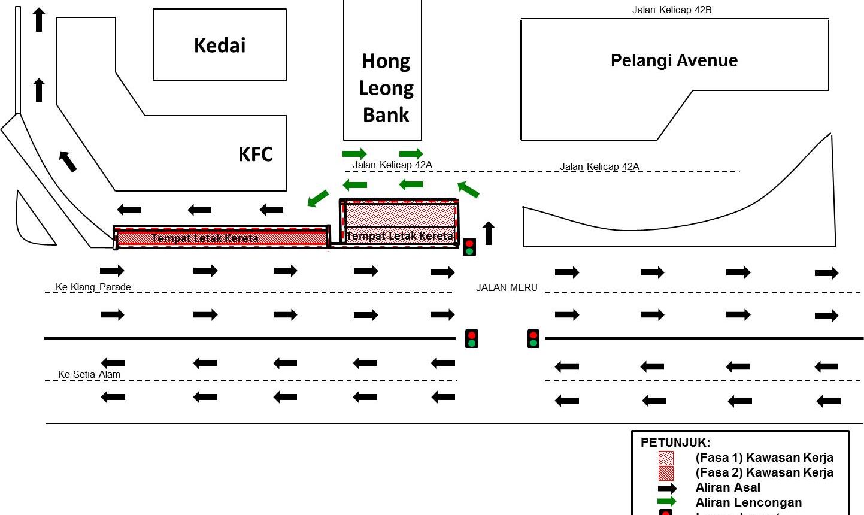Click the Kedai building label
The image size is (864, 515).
pyautogui.click(x=220, y=46)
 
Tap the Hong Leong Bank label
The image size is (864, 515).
pyautogui.click(x=386, y=87)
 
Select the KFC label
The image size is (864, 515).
pyautogui.click(x=256, y=154)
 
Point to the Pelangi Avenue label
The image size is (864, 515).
pyautogui.click(x=674, y=60)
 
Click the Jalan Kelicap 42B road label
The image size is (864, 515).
pyautogui.click(x=672, y=10)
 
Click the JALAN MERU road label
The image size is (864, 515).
pyautogui.click(x=507, y=287)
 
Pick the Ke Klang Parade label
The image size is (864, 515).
pyautogui.click(x=93, y=287)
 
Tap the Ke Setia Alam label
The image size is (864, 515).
pyautogui.click(x=89, y=374)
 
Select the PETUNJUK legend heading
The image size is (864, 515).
pyautogui.click(x=675, y=443)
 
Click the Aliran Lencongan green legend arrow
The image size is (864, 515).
pyautogui.click(x=666, y=502)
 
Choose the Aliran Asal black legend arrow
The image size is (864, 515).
pyautogui.click(x=666, y=488)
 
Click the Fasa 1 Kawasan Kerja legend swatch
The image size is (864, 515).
pyautogui.click(x=666, y=458)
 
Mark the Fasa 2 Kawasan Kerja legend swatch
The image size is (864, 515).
pyautogui.click(x=666, y=473)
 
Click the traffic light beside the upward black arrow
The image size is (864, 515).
pyautogui.click(x=469, y=247)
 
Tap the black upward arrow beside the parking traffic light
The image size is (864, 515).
pyautogui.click(x=489, y=233)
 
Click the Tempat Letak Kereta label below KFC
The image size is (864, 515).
pyautogui.click(x=205, y=238)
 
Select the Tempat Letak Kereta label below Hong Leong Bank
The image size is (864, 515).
pyautogui.click(x=399, y=236)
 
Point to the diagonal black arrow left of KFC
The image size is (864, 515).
pyautogui.click(x=68, y=161)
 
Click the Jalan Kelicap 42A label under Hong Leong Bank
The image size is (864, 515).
pyautogui.click(x=392, y=165)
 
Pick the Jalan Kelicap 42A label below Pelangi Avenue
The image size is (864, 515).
pyautogui.click(x=599, y=166)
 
